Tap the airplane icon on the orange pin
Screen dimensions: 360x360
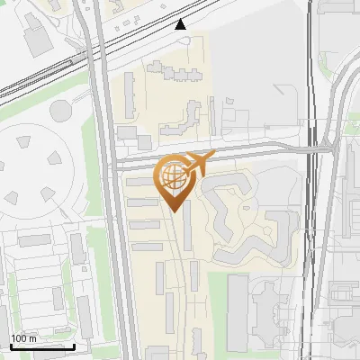tap(197, 164)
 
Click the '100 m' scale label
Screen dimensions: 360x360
tap(23, 338)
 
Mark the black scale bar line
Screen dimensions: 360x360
tap(41, 346)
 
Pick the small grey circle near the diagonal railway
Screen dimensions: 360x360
tap(61, 111)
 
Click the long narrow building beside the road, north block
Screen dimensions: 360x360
tap(130, 94)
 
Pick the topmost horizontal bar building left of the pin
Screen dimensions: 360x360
tap(140, 183)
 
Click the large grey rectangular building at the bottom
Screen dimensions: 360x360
tap(238, 313)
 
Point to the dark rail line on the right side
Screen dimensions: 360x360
tap(312, 180)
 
